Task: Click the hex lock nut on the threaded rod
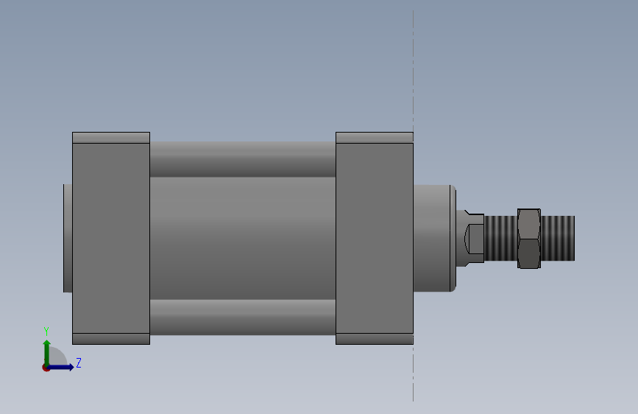[529, 239]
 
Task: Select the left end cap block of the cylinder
[111, 238]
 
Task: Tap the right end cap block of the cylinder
[375, 238]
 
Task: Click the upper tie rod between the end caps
[243, 159]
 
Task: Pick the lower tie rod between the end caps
[243, 317]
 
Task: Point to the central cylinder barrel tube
[243, 239]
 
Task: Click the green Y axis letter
[46, 331]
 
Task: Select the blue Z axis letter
[79, 362]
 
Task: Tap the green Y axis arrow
[47, 353]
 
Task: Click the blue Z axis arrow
[60, 367]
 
